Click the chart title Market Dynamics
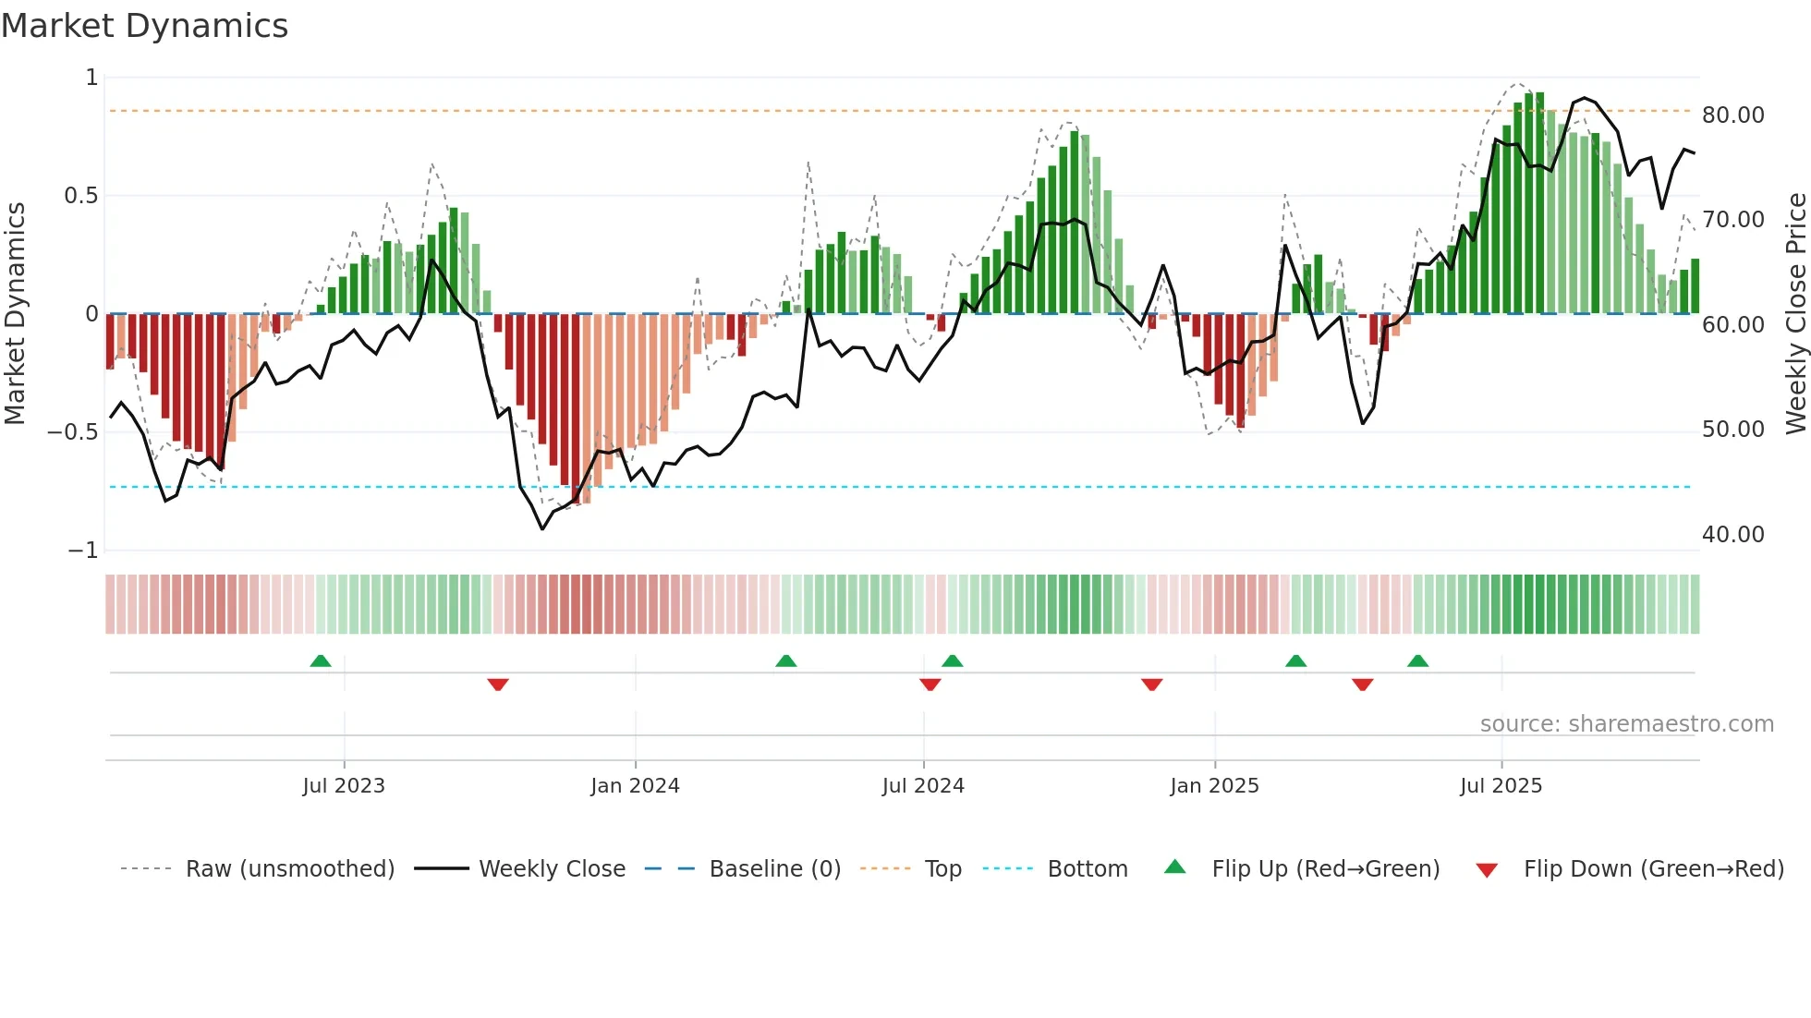tap(144, 26)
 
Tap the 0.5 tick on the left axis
tap(80, 196)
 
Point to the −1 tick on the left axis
tap(82, 551)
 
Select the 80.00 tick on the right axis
tap(1732, 115)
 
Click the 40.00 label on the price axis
tap(1732, 535)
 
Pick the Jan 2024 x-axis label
tap(635, 786)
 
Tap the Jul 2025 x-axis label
tap(1501, 786)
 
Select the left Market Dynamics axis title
tap(15, 314)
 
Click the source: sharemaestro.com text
tap(1626, 724)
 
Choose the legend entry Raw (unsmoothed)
tap(289, 869)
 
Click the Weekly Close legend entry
tap(552, 869)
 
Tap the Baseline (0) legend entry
tap(774, 869)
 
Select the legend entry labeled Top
tap(942, 869)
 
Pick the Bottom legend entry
tap(1087, 869)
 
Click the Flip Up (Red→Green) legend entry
tap(1325, 869)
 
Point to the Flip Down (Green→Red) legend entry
tap(1653, 869)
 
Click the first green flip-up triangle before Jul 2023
tap(321, 660)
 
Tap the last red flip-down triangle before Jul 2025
tap(1362, 685)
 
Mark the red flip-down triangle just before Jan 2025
tap(1151, 685)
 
